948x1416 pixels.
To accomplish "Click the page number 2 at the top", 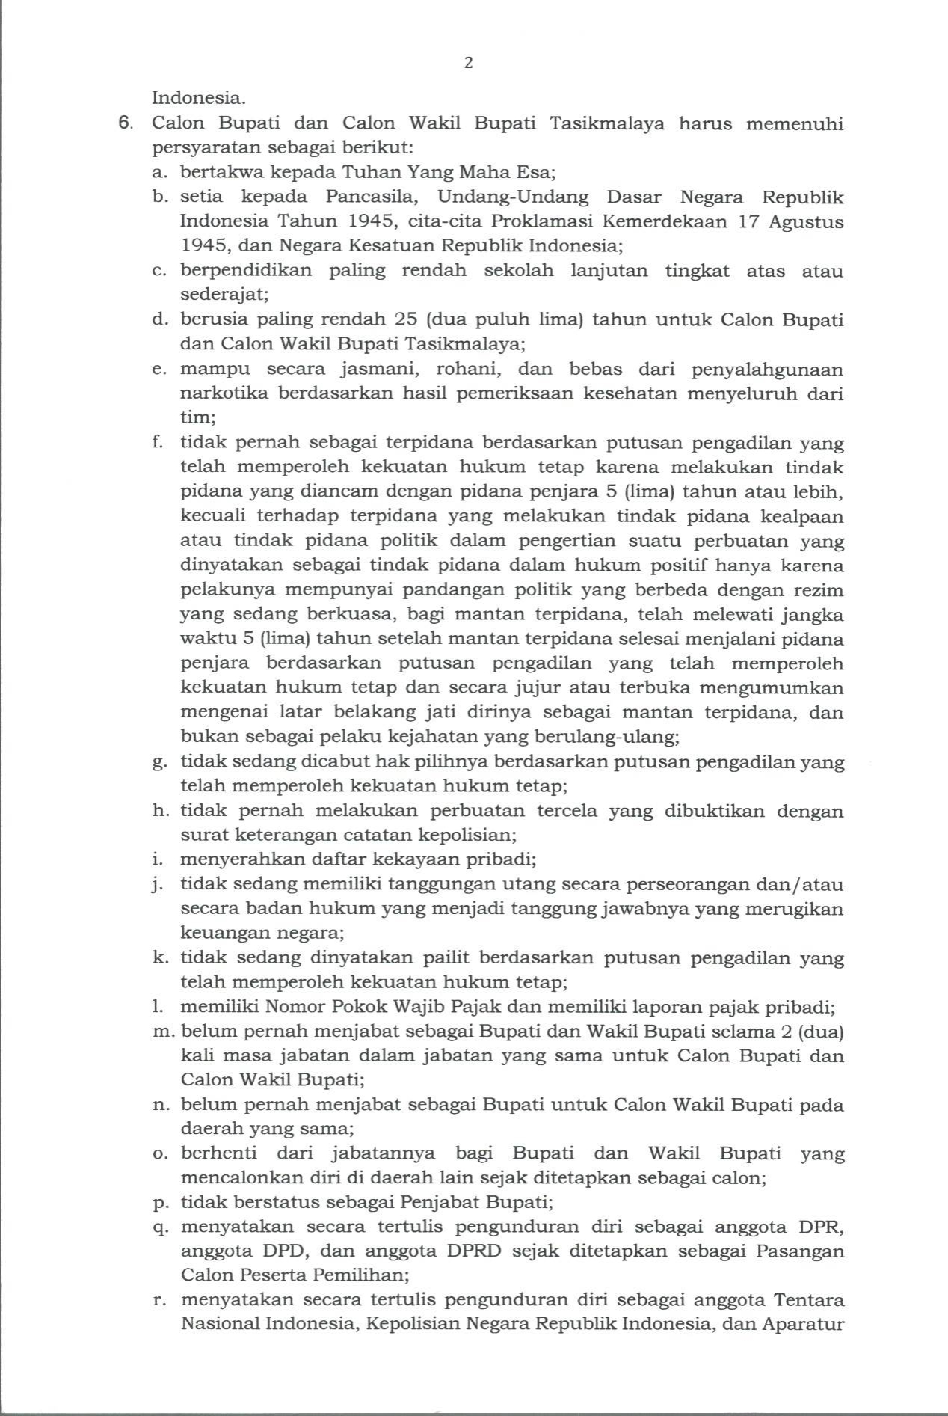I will coord(469,63).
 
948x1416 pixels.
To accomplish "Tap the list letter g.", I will coord(158,763).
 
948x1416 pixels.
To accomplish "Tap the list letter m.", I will coord(161,1032).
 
